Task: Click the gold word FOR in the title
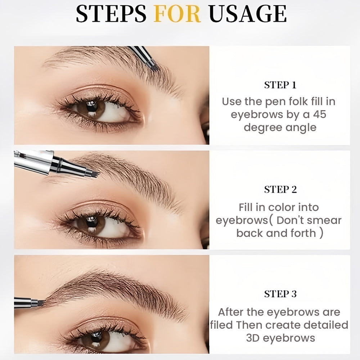tap(177, 14)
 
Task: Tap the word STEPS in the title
tap(111, 14)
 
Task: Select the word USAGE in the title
tap(248, 14)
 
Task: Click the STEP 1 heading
tap(280, 85)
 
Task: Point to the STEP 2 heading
tap(280, 190)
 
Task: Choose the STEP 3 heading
tap(280, 294)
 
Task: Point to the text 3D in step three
tap(253, 338)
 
